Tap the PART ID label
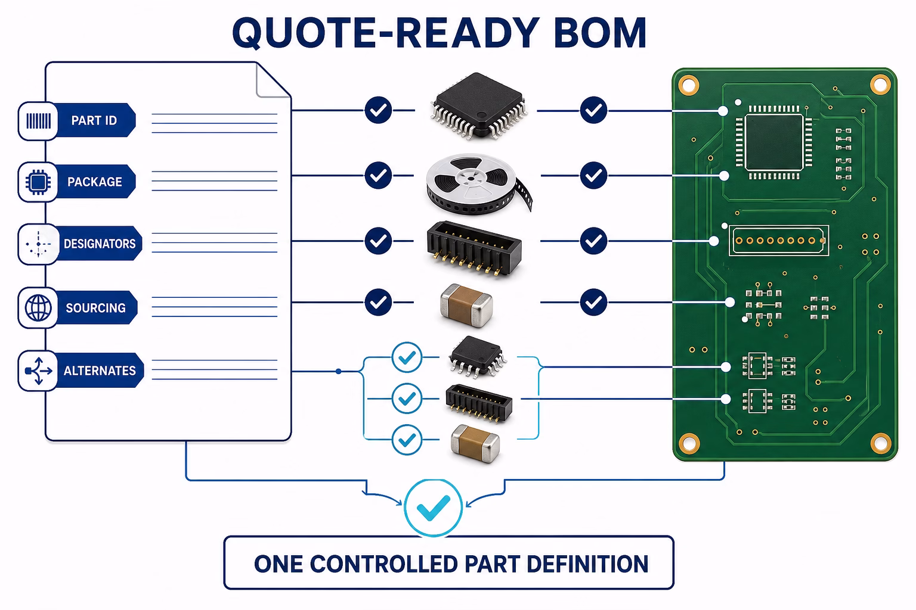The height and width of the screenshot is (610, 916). [x=94, y=120]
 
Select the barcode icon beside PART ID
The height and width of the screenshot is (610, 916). [x=38, y=121]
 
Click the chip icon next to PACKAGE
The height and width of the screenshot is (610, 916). [x=38, y=182]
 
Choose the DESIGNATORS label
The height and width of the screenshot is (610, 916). [x=100, y=244]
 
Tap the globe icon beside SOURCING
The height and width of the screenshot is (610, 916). [x=38, y=307]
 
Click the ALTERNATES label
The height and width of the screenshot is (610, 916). [x=100, y=371]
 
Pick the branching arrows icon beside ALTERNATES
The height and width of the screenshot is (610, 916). [x=38, y=371]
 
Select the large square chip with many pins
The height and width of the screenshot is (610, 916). [x=478, y=106]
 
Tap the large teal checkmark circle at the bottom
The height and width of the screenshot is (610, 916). [x=434, y=508]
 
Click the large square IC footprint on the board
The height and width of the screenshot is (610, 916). [x=773, y=142]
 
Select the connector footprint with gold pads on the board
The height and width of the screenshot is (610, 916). [x=779, y=241]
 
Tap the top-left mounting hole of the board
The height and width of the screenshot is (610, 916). [x=689, y=85]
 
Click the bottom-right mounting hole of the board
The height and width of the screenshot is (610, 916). [x=880, y=443]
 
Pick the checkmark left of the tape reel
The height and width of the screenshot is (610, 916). [x=378, y=175]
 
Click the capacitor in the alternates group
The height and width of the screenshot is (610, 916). [x=475, y=444]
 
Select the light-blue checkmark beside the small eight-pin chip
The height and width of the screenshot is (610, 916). [x=407, y=357]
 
